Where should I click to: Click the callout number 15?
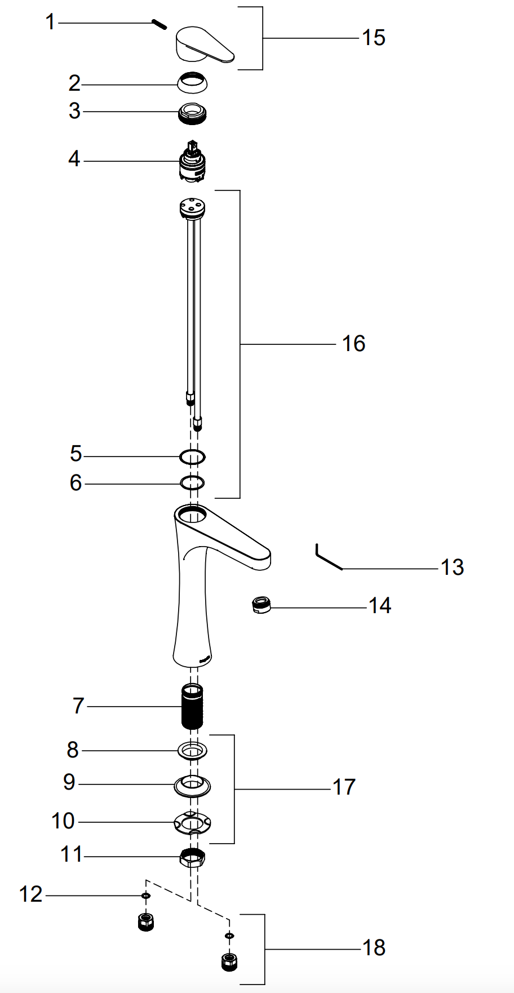(373, 38)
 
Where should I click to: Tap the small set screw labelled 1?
(159, 24)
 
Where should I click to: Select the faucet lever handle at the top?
(205, 44)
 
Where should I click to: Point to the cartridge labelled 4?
(192, 161)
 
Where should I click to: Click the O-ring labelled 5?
(192, 456)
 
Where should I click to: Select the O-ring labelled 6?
(192, 483)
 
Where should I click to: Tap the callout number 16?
(353, 343)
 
